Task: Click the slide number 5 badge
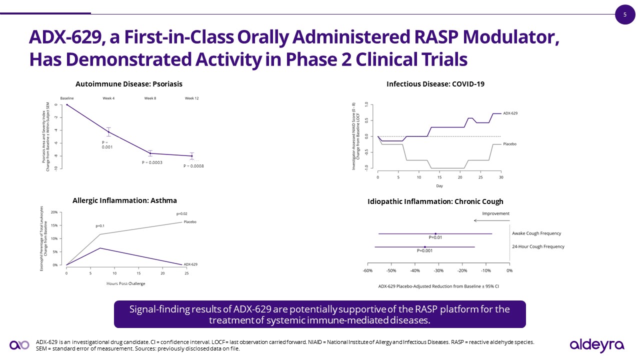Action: pyautogui.click(x=624, y=14)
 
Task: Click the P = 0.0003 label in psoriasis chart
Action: pyautogui.click(x=152, y=162)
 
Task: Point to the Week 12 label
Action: pyautogui.click(x=191, y=98)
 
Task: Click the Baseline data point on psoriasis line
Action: pyautogui.click(x=67, y=104)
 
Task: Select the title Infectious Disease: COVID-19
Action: pyautogui.click(x=435, y=84)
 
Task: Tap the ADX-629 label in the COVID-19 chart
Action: pyautogui.click(x=510, y=113)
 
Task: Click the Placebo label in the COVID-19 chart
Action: pyautogui.click(x=509, y=144)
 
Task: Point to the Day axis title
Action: pyautogui.click(x=439, y=186)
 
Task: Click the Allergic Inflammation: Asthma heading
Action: pyautogui.click(x=124, y=200)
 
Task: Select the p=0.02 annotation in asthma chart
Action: pyautogui.click(x=181, y=213)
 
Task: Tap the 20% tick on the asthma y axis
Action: pyautogui.click(x=54, y=212)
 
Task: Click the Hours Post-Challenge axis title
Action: pyautogui.click(x=125, y=283)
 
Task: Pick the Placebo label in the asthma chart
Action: pyautogui.click(x=189, y=222)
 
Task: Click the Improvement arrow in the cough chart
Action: pyautogui.click(x=492, y=220)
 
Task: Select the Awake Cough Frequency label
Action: pyautogui.click(x=536, y=233)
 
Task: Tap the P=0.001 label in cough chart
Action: pyautogui.click(x=425, y=250)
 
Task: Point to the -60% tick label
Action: pyautogui.click(x=367, y=271)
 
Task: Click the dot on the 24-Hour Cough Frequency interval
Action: pyautogui.click(x=425, y=247)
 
